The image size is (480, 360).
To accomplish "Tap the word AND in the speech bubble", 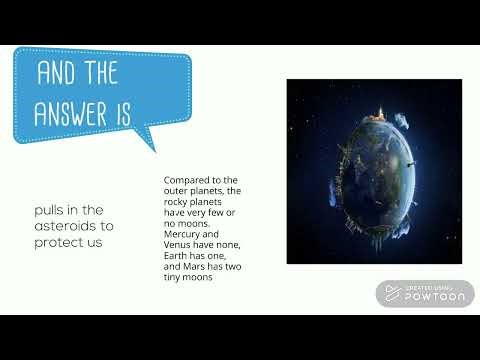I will (59, 73).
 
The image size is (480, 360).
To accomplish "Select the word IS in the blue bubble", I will (122, 113).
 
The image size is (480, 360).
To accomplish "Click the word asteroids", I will (63, 226).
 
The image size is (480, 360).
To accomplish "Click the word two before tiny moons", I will (232, 267).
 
